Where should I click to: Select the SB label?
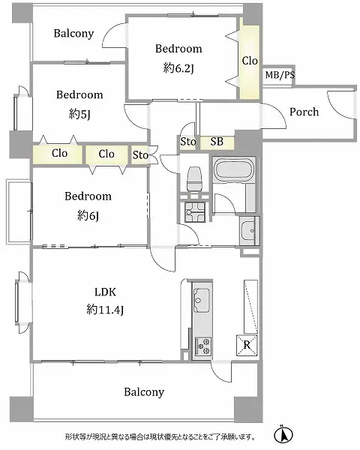pos(216,141)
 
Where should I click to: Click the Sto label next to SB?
pos(187,141)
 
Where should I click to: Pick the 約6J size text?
pos(87,215)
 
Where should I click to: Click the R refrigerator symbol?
pos(246,345)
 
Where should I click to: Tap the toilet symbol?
pos(193,178)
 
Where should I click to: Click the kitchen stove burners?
pos(203,346)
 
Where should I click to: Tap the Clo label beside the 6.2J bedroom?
pos(249,61)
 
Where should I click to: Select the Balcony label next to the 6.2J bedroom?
pos(73,33)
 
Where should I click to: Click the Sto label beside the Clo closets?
pos(140,155)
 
